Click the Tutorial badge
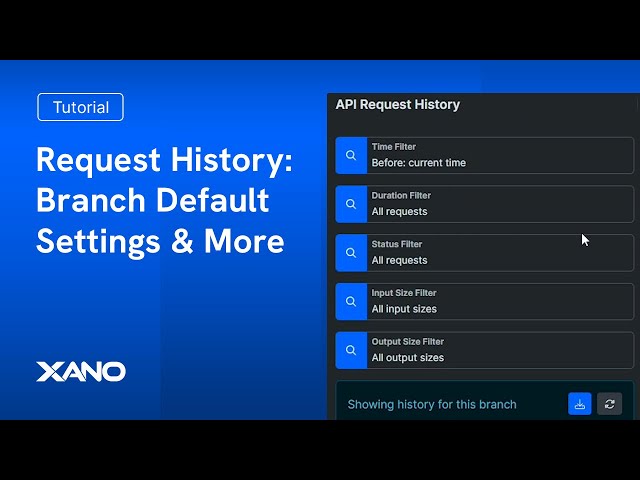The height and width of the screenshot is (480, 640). [80, 107]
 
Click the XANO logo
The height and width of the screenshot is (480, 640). [81, 372]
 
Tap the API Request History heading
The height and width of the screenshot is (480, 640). [397, 104]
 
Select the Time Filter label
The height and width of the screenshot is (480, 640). [393, 147]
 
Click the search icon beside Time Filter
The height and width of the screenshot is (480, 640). [351, 155]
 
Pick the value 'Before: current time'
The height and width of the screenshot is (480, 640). [418, 163]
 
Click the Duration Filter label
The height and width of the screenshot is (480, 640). [401, 196]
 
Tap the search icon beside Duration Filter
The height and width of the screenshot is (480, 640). [351, 204]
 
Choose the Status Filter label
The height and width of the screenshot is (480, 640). [397, 245]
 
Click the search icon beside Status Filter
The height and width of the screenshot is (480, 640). [351, 253]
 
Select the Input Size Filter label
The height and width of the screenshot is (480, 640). [404, 293]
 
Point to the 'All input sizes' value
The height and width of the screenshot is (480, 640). [404, 310]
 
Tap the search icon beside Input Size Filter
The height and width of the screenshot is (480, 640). [351, 301]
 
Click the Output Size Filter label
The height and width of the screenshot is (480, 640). [407, 342]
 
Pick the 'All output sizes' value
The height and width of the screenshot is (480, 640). [408, 358]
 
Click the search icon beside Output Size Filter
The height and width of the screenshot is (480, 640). [351, 350]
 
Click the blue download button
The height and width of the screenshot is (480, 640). [580, 404]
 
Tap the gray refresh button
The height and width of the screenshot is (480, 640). [610, 404]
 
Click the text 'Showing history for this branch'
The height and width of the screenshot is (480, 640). [432, 405]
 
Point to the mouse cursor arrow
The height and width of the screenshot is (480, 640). [585, 240]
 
